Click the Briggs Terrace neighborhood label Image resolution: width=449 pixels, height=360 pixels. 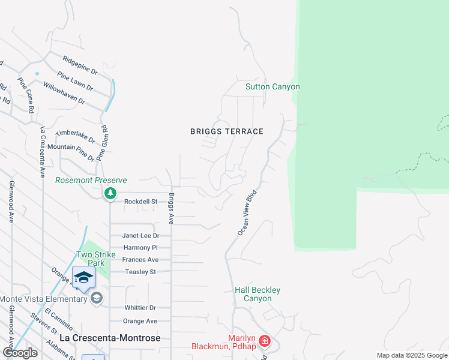point(227,131)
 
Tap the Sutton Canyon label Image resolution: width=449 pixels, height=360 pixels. point(273,87)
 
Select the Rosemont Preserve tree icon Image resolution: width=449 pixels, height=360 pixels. point(110,193)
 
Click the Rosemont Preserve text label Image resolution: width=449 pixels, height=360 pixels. point(91,180)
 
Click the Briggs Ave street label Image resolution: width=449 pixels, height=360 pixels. point(171,208)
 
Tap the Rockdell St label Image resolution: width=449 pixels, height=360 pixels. point(140,202)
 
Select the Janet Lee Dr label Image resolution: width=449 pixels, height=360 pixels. point(140,236)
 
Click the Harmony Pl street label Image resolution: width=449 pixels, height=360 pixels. point(140,248)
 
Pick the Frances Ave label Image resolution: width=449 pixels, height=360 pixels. point(140,260)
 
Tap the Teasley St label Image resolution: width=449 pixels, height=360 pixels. point(140,272)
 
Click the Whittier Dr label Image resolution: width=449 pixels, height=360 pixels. point(140,308)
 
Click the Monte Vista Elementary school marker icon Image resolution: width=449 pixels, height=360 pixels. point(97,299)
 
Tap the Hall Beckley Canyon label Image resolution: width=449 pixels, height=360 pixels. point(257,294)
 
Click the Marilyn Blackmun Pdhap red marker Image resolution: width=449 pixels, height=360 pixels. point(265,343)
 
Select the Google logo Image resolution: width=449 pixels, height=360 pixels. point(20,353)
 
